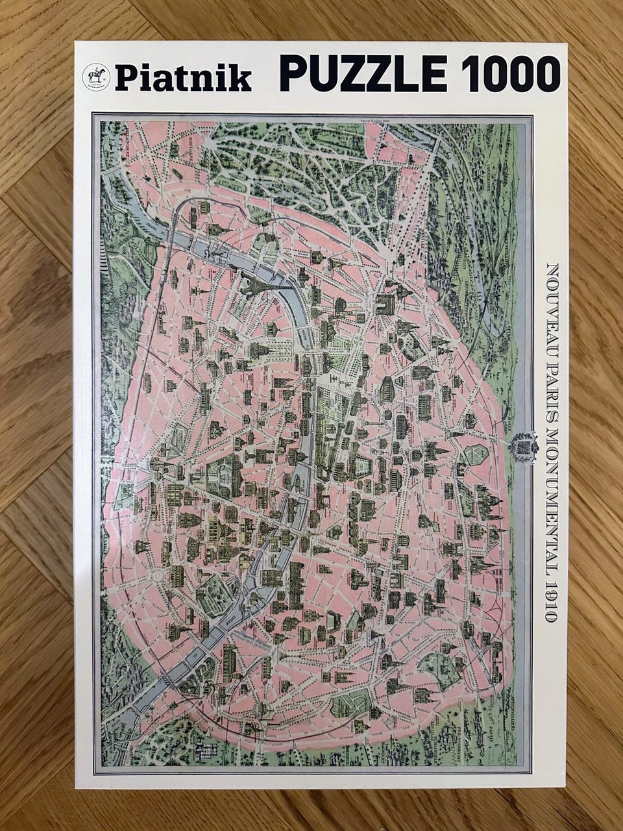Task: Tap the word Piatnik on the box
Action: [x=183, y=79]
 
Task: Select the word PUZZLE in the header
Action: [x=363, y=73]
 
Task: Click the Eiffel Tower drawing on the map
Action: [x=250, y=283]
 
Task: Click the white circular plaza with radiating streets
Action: [x=156, y=576]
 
